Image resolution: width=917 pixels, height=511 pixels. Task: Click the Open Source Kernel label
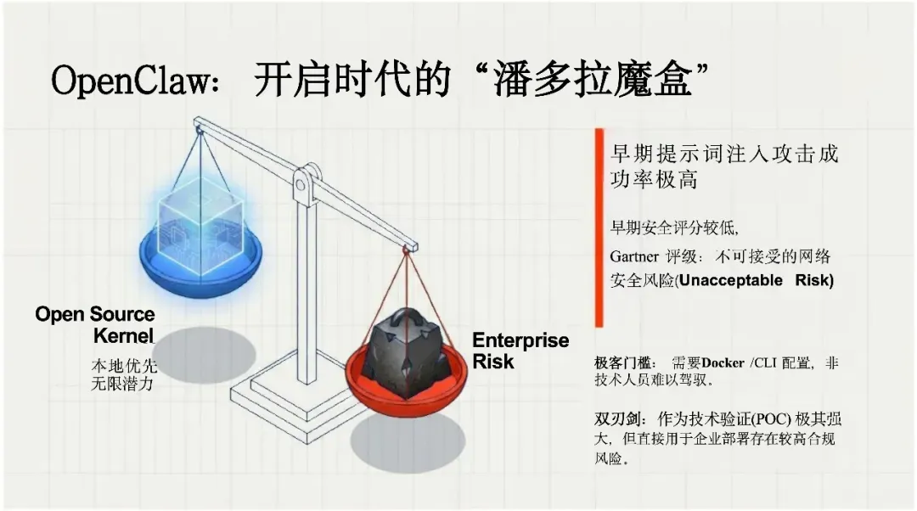point(95,324)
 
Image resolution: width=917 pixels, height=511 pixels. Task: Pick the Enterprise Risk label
point(520,351)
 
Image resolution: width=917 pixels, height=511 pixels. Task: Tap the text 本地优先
point(124,366)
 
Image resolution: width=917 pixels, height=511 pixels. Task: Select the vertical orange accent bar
point(599,227)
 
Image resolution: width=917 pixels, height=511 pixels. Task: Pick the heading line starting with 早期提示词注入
point(724,154)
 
